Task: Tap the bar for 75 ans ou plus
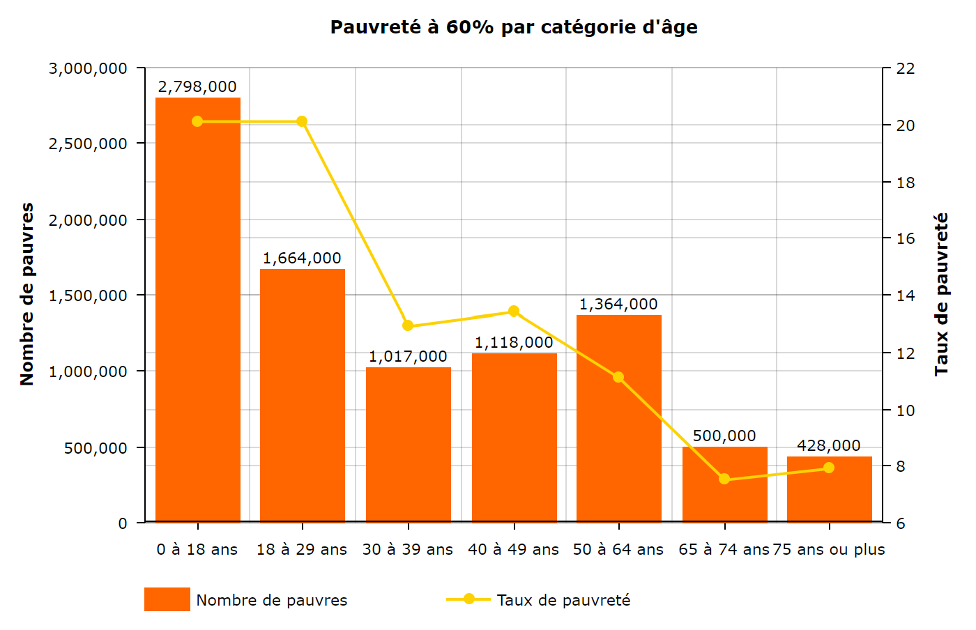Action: [829, 489]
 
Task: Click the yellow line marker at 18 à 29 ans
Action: [302, 122]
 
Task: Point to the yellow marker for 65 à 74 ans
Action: [724, 479]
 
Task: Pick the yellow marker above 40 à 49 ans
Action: [514, 311]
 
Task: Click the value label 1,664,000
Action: [302, 259]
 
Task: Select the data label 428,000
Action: [829, 446]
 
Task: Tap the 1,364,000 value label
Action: [618, 305]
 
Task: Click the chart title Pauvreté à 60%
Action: [514, 27]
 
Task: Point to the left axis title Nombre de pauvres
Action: [27, 294]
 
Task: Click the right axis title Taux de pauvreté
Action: [942, 294]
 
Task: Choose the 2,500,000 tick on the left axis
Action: [88, 144]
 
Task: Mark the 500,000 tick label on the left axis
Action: [96, 448]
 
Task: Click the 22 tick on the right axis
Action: [906, 68]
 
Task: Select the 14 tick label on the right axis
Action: [906, 295]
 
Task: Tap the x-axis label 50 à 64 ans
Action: [618, 550]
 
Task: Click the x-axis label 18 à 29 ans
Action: [302, 550]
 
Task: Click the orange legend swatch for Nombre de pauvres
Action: [167, 599]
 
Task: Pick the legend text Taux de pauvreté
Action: [563, 600]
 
